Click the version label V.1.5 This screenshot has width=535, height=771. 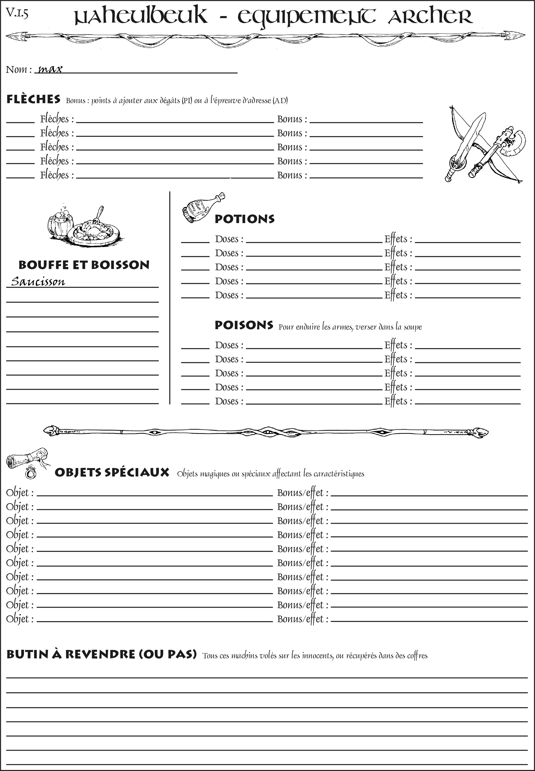click(17, 13)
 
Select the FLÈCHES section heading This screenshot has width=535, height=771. click(33, 99)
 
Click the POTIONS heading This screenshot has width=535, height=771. click(244, 219)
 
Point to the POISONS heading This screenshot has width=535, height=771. click(244, 325)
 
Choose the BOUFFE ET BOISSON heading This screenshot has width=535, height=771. click(84, 265)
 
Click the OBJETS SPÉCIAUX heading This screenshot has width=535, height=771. click(112, 472)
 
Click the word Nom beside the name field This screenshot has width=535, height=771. click(16, 69)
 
